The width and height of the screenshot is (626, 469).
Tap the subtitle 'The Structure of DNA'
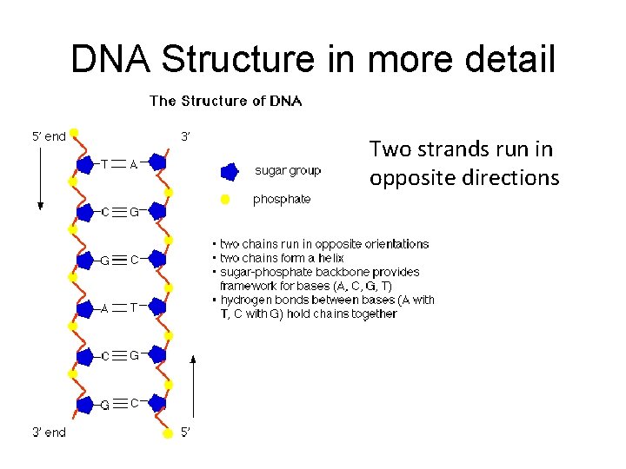[x=226, y=101]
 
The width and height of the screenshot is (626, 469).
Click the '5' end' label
[x=49, y=135]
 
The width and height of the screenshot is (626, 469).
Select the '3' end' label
[x=49, y=432]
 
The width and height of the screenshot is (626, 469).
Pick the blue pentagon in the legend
[x=230, y=170]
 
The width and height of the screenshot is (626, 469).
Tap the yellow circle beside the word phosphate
[x=225, y=199]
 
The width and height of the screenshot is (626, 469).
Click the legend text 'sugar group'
[x=288, y=170]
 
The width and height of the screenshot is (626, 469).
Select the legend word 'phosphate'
[x=282, y=199]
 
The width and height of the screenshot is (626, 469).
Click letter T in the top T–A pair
[x=104, y=162]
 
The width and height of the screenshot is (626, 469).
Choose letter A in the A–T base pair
[x=104, y=307]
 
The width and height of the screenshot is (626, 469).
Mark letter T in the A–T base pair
[x=134, y=307]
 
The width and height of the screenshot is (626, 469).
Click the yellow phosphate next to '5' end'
[x=75, y=134]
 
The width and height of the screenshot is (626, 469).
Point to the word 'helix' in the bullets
[x=330, y=258]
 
